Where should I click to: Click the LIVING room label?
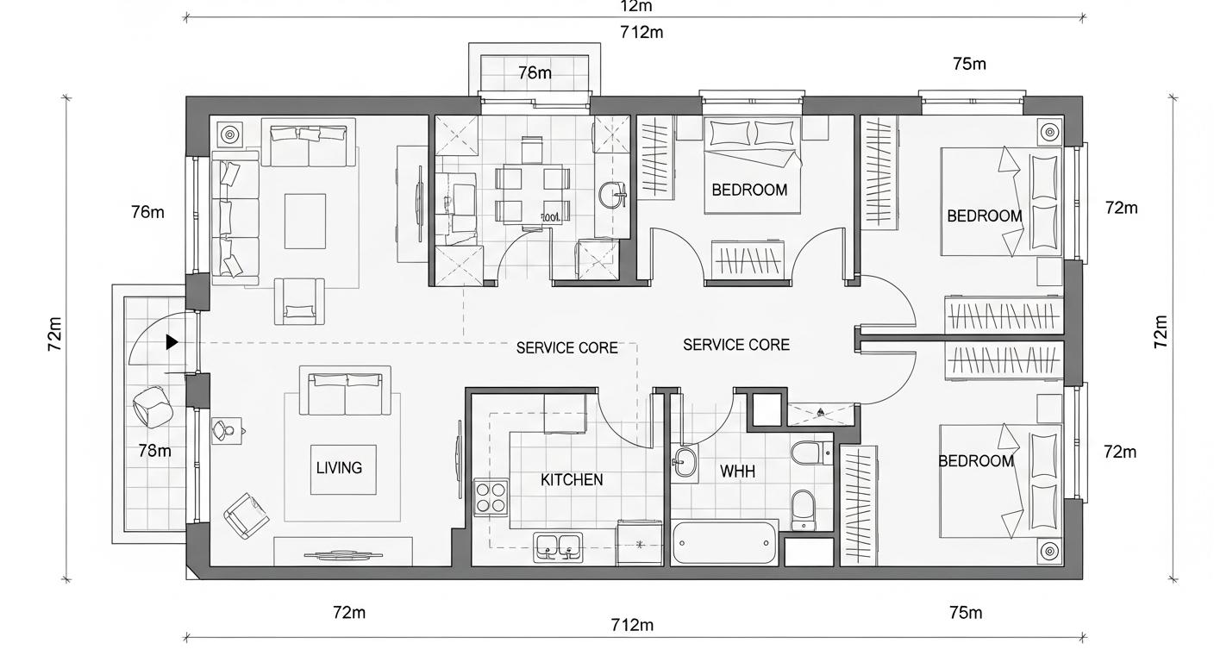click(x=339, y=468)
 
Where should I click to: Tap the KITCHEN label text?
click(x=572, y=480)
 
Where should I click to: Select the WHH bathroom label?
click(x=737, y=472)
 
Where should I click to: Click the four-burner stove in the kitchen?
click(x=491, y=497)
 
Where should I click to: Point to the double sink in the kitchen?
click(x=556, y=546)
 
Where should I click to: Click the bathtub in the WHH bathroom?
click(x=724, y=543)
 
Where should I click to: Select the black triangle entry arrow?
click(x=172, y=342)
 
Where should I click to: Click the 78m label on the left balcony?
click(x=154, y=451)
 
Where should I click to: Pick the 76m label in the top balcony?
click(x=535, y=72)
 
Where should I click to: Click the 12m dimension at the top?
click(x=635, y=7)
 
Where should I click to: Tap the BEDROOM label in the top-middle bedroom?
click(x=749, y=190)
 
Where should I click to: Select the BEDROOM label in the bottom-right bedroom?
click(x=976, y=461)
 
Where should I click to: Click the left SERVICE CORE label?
click(x=566, y=348)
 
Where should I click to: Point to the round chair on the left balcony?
click(x=153, y=405)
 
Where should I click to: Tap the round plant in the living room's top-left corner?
click(x=229, y=134)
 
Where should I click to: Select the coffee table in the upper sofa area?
click(x=304, y=221)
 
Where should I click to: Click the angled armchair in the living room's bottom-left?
click(x=246, y=515)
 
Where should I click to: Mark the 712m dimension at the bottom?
click(x=632, y=625)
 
